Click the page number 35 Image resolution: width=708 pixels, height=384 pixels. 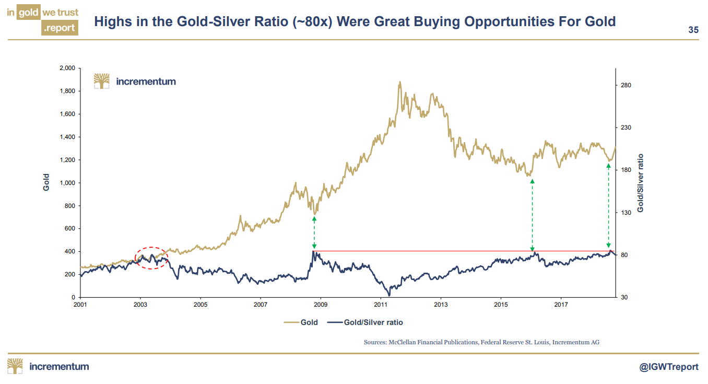[693, 30]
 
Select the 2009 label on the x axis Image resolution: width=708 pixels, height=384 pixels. [321, 304]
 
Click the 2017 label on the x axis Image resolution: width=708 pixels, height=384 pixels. [561, 304]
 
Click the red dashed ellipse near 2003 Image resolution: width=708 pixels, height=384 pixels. [151, 258]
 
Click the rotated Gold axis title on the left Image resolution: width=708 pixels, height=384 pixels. [46, 182]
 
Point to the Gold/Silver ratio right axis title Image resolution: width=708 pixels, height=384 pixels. [641, 182]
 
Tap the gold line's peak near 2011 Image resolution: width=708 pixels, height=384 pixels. [400, 82]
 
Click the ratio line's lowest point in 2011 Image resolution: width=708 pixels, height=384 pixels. [389, 295]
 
